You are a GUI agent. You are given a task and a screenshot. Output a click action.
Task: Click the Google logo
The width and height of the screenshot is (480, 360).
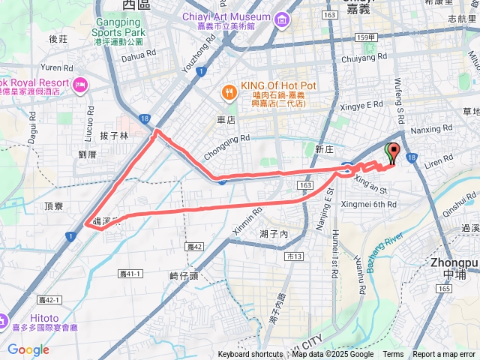28,349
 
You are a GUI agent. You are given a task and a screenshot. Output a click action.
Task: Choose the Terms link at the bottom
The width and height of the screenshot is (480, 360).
393,355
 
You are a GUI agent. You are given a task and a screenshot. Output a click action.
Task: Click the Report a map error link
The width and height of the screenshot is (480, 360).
444,355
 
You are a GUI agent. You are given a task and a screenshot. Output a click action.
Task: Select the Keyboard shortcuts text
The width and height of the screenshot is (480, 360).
250,355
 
